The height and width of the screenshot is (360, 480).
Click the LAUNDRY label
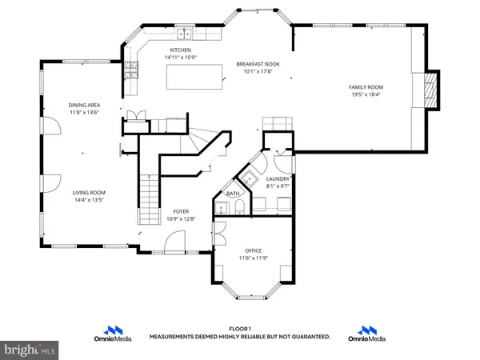278,179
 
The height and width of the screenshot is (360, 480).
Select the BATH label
232,194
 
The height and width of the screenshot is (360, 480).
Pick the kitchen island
195,78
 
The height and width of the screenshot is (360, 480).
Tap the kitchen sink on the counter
186,34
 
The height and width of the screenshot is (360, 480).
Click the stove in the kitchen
130,70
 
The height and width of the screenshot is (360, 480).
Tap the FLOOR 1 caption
240,329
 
